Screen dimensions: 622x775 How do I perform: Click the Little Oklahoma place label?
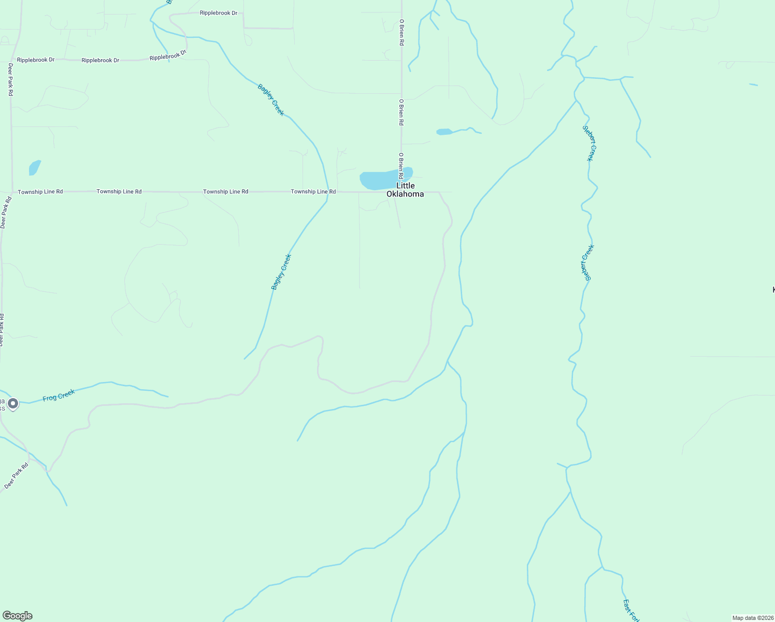coord(405,190)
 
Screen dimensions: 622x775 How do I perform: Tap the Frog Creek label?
coord(59,395)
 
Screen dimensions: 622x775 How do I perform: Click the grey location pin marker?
coord(13,403)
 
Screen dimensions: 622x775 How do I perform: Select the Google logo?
coord(18,616)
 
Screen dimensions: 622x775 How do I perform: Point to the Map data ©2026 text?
coord(752,618)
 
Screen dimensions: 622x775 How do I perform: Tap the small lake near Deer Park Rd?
coord(34,167)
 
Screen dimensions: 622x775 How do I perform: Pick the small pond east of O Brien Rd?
coord(444,132)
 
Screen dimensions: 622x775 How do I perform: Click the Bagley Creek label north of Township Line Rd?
coord(271,100)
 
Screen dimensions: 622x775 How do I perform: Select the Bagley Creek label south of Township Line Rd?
coord(281,272)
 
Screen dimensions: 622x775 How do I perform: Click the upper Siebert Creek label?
coord(590,143)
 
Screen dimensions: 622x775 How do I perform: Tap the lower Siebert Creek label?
coord(587,262)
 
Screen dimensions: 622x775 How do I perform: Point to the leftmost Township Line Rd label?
coord(40,192)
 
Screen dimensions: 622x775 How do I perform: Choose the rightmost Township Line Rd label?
coord(313,192)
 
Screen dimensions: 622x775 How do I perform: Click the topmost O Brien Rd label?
coord(401,33)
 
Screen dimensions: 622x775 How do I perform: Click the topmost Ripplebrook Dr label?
coord(219,13)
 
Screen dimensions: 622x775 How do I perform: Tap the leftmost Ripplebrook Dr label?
coord(36,60)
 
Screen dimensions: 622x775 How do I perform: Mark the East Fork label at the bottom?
coord(632,611)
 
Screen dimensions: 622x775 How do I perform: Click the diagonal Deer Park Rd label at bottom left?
coord(17,476)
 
